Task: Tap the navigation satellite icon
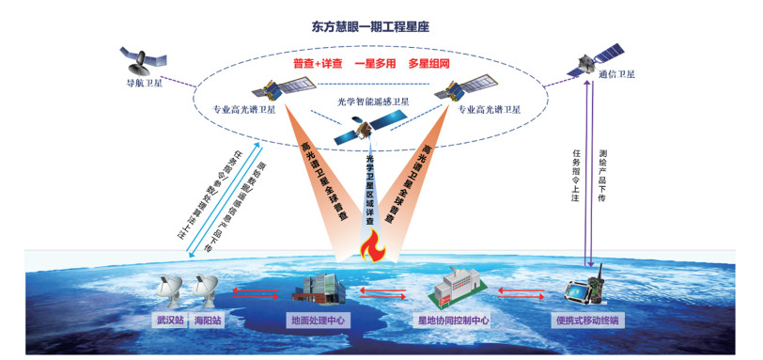pos(142,62)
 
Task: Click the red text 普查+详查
pos(315,64)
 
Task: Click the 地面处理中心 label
pos(318,320)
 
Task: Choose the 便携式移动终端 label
pos(587,320)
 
